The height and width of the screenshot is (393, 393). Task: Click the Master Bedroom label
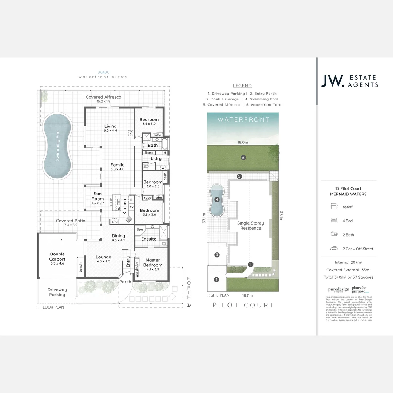(x=153, y=262)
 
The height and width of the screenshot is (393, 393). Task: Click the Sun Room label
(x=98, y=196)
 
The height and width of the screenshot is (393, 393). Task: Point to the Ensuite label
(x=149, y=239)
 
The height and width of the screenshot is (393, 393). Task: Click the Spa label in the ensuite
(x=140, y=230)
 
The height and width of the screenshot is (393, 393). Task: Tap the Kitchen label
(x=125, y=206)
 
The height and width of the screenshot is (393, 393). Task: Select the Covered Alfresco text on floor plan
(x=103, y=97)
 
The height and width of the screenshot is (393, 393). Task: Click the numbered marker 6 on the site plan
(x=243, y=158)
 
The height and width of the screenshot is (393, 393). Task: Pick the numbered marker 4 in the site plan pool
(x=217, y=199)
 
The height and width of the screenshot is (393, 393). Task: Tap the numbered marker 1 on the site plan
(x=216, y=279)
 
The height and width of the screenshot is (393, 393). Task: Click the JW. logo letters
(x=332, y=81)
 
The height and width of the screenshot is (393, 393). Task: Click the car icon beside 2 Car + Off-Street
(x=334, y=249)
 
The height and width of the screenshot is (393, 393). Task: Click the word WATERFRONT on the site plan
(x=243, y=119)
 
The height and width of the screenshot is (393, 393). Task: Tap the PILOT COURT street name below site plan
(x=243, y=305)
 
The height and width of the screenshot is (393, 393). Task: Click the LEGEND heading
(x=242, y=86)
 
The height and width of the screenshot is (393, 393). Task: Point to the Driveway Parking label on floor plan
(x=57, y=292)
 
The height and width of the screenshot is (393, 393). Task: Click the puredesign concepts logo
(x=338, y=290)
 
